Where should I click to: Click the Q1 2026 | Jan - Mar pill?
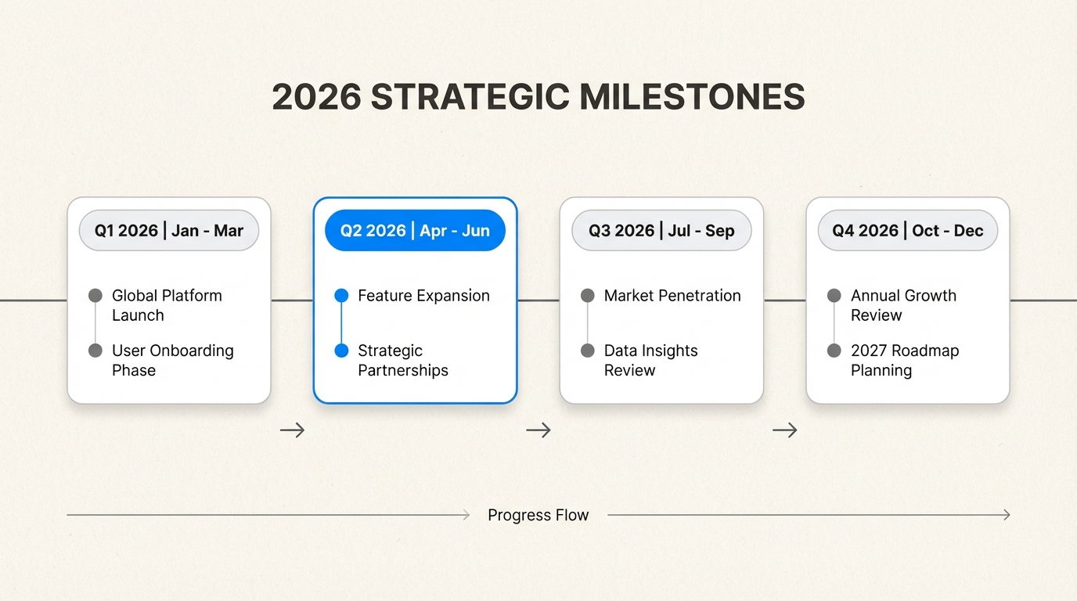tap(169, 231)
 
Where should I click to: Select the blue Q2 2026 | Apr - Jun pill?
tap(415, 231)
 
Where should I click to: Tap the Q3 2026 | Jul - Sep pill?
tap(661, 231)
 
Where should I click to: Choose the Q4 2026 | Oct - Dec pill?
tap(908, 231)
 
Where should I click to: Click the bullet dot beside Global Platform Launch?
tap(95, 296)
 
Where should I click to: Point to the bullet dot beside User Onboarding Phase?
tap(95, 351)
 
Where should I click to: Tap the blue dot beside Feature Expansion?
tap(341, 296)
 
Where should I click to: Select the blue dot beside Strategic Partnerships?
tap(341, 351)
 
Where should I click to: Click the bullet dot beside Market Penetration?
tap(588, 296)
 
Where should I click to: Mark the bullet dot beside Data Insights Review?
tap(588, 351)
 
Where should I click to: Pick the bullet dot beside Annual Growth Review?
tap(834, 296)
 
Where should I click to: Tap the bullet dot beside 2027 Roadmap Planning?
tap(834, 351)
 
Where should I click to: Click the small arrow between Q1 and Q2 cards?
tap(292, 430)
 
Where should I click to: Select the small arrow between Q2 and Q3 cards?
tap(538, 430)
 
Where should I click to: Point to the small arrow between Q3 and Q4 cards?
tap(785, 430)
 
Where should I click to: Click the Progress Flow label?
tap(538, 515)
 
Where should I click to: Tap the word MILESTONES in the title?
tap(692, 98)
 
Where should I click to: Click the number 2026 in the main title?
tap(316, 98)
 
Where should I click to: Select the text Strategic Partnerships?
tap(403, 360)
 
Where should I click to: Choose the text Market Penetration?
tap(672, 296)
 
